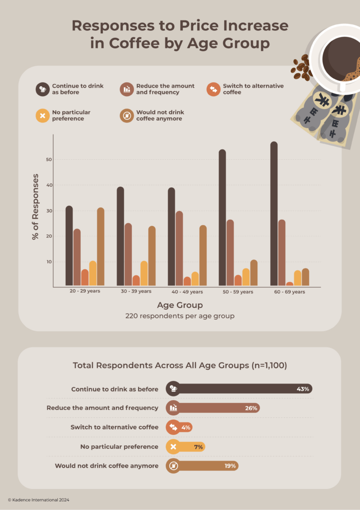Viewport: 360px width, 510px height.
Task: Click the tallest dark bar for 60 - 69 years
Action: [x=274, y=214]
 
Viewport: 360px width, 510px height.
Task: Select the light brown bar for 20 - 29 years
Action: [x=101, y=247]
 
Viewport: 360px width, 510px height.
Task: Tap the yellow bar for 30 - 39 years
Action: [x=144, y=273]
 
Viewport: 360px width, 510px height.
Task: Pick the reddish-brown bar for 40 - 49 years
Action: [x=179, y=249]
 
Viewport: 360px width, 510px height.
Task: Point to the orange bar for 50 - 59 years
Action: [x=238, y=280]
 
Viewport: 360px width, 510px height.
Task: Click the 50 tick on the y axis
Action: [x=49, y=159]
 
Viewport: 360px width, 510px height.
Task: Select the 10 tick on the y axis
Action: [x=49, y=261]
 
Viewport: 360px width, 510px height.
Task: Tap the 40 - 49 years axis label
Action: [x=185, y=292]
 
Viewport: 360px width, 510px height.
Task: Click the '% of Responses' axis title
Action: [x=35, y=207]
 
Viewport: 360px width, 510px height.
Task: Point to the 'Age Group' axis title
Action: [x=180, y=305]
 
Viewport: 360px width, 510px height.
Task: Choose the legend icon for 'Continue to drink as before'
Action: [x=42, y=89]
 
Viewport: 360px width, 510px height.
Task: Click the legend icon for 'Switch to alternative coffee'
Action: [x=213, y=89]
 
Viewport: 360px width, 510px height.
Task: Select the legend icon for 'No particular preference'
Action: [x=42, y=116]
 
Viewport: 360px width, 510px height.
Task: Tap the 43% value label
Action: [x=303, y=388]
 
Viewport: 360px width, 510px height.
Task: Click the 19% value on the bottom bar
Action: [x=231, y=466]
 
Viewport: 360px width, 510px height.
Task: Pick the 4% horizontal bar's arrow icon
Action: [x=173, y=427]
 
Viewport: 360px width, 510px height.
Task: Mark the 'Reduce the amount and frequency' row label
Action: [x=103, y=408]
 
